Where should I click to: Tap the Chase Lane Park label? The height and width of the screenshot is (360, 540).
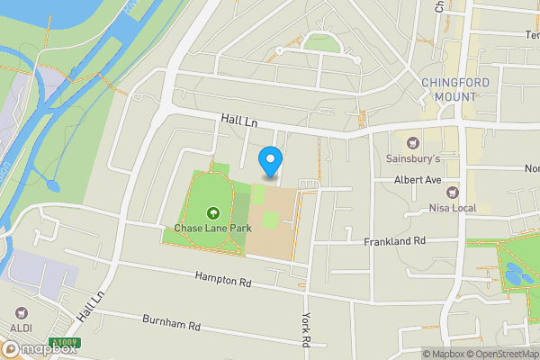point(212,229)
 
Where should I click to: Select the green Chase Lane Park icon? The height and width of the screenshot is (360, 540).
point(212,214)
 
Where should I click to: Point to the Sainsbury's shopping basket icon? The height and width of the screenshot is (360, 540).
point(413,143)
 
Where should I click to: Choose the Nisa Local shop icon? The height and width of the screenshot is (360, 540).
point(452,193)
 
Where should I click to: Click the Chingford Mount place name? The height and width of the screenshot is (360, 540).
point(448,90)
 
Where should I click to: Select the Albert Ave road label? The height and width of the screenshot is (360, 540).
point(418,180)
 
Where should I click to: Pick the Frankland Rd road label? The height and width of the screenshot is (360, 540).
point(393,242)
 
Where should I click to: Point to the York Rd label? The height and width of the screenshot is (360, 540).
point(305,329)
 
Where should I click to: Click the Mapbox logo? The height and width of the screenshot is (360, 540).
point(40,348)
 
